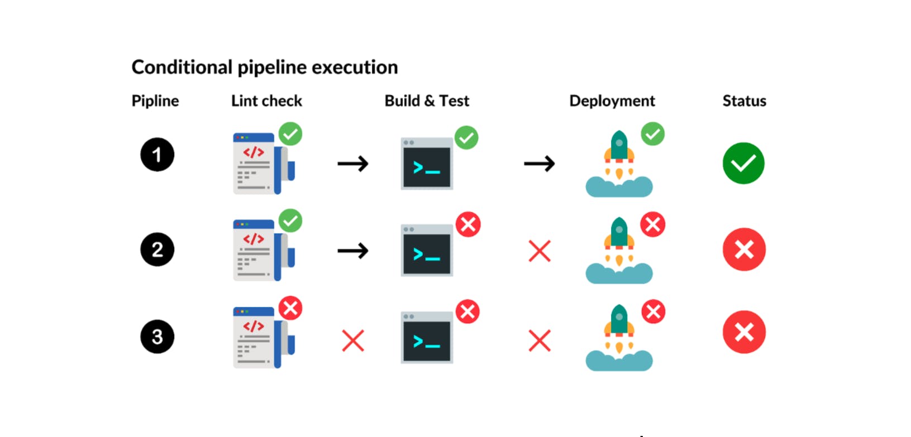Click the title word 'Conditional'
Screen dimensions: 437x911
click(182, 68)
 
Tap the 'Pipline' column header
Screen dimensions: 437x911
click(155, 101)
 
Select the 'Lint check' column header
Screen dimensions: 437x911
click(266, 101)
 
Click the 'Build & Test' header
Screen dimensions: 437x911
click(427, 101)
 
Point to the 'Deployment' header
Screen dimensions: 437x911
click(612, 101)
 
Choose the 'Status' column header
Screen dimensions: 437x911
click(744, 101)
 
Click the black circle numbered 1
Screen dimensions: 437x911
click(157, 155)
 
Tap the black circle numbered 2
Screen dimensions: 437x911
click(157, 249)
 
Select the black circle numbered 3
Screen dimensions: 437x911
click(157, 337)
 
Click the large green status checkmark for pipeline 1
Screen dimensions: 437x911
click(743, 163)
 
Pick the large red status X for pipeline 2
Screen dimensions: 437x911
click(744, 249)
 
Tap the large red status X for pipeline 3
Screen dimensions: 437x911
click(744, 332)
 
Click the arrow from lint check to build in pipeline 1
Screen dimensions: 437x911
click(353, 164)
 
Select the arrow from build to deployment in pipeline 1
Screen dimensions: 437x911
click(539, 164)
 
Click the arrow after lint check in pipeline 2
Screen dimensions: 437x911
click(353, 251)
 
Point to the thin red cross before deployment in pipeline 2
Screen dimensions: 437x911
click(540, 251)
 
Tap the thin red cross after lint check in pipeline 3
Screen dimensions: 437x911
click(353, 340)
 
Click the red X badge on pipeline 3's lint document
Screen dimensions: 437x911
click(290, 308)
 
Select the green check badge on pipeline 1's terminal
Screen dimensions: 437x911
click(466, 137)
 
